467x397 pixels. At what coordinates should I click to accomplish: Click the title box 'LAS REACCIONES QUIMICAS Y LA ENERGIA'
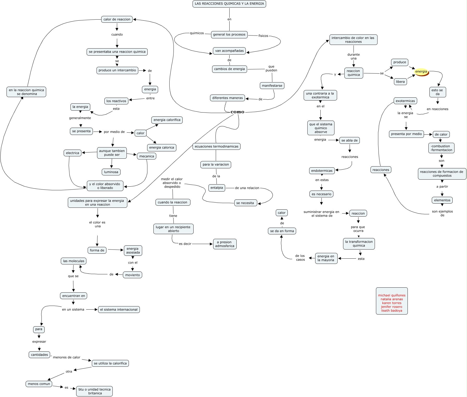click(229, 4)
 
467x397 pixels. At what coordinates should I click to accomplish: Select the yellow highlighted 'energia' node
click(421, 72)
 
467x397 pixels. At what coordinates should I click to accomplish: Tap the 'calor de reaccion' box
click(117, 19)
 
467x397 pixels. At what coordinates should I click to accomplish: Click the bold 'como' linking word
click(237, 112)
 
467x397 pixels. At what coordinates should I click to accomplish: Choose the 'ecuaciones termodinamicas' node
click(217, 146)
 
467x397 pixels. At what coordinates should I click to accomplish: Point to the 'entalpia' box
click(217, 188)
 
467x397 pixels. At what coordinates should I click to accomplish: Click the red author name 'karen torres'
click(392, 303)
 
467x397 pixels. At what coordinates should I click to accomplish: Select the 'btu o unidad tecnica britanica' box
click(94, 391)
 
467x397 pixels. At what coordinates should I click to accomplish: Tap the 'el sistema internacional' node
click(119, 310)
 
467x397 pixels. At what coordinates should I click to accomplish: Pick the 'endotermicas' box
click(322, 171)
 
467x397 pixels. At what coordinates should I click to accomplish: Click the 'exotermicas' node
click(405, 101)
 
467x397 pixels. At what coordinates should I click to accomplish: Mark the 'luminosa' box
click(111, 172)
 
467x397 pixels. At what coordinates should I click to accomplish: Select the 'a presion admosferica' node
click(225, 244)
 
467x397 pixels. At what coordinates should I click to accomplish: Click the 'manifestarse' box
click(272, 86)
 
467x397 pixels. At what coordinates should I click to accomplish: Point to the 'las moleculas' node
click(74, 261)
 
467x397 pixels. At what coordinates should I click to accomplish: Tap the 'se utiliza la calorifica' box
click(110, 363)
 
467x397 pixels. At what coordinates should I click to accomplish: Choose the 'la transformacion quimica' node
click(359, 244)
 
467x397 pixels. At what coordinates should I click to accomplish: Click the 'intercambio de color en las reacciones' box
click(353, 40)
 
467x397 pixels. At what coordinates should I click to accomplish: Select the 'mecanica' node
click(147, 156)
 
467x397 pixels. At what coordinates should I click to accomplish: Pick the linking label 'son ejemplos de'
click(442, 213)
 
